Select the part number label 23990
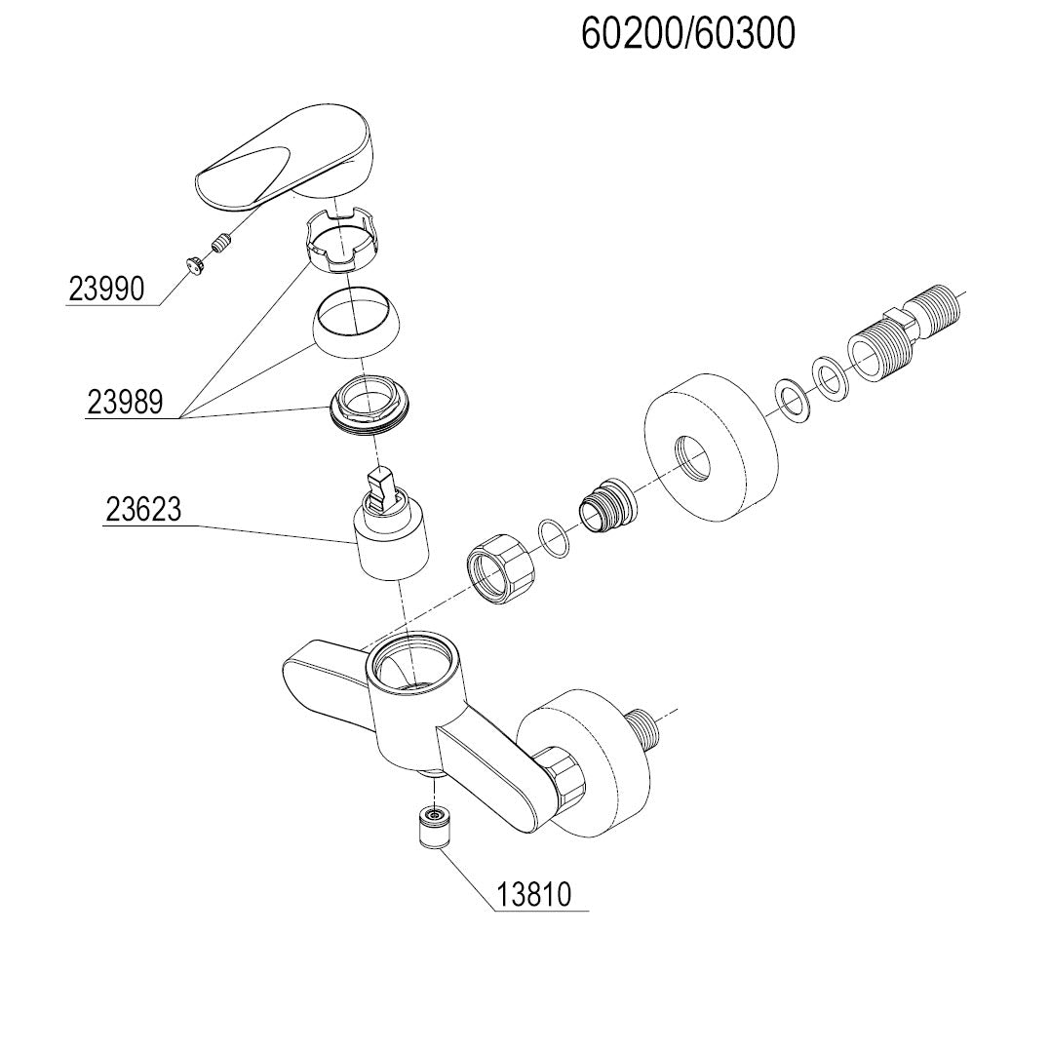106,289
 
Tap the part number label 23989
126,403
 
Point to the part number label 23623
143,510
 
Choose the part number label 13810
533,895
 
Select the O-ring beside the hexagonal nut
553,540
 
